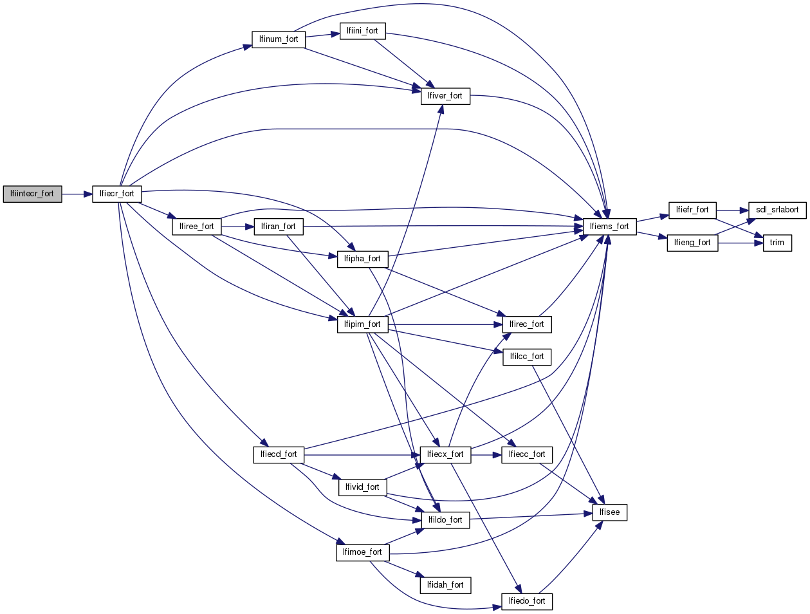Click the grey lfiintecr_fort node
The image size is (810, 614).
point(32,194)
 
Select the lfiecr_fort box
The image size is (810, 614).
point(116,194)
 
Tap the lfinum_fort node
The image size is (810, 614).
point(278,39)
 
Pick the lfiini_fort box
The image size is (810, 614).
point(362,31)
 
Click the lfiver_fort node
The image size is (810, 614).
point(445,96)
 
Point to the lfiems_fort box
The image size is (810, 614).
point(609,227)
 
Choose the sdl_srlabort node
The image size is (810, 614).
point(777,210)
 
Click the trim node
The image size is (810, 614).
point(777,243)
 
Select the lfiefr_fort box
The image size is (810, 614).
point(692,210)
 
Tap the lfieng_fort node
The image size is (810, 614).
point(692,243)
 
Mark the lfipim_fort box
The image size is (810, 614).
point(362,324)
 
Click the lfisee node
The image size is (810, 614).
point(609,512)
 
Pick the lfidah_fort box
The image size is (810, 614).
point(445,585)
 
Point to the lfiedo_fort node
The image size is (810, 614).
point(526,601)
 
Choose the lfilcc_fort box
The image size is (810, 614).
point(526,357)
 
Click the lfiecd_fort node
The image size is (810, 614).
point(278,454)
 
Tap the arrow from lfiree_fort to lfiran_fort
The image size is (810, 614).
point(237,227)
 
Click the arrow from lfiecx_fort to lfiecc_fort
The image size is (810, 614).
point(486,454)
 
